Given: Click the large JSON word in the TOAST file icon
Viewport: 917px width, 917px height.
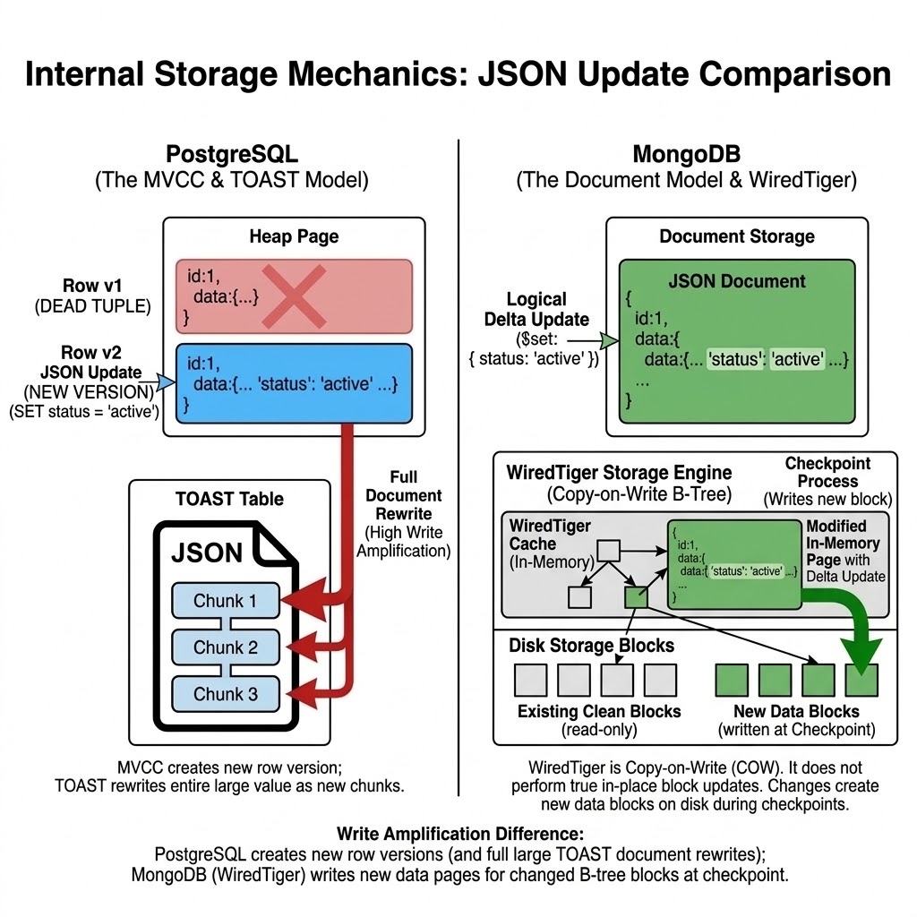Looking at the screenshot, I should coord(207,553).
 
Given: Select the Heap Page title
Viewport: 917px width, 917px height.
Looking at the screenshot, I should coord(294,237).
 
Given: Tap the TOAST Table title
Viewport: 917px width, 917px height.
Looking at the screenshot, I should coord(230,499).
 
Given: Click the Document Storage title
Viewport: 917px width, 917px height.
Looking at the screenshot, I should coord(737,237).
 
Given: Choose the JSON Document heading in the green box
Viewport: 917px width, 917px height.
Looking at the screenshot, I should coord(737,281).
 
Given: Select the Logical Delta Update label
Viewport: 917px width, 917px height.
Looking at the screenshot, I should coord(536,309).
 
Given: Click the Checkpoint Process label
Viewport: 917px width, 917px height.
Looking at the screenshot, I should coord(828,472).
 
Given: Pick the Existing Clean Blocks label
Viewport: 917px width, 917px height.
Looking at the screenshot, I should coord(599,712).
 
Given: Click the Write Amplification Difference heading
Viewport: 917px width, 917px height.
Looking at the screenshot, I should coord(458,833).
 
